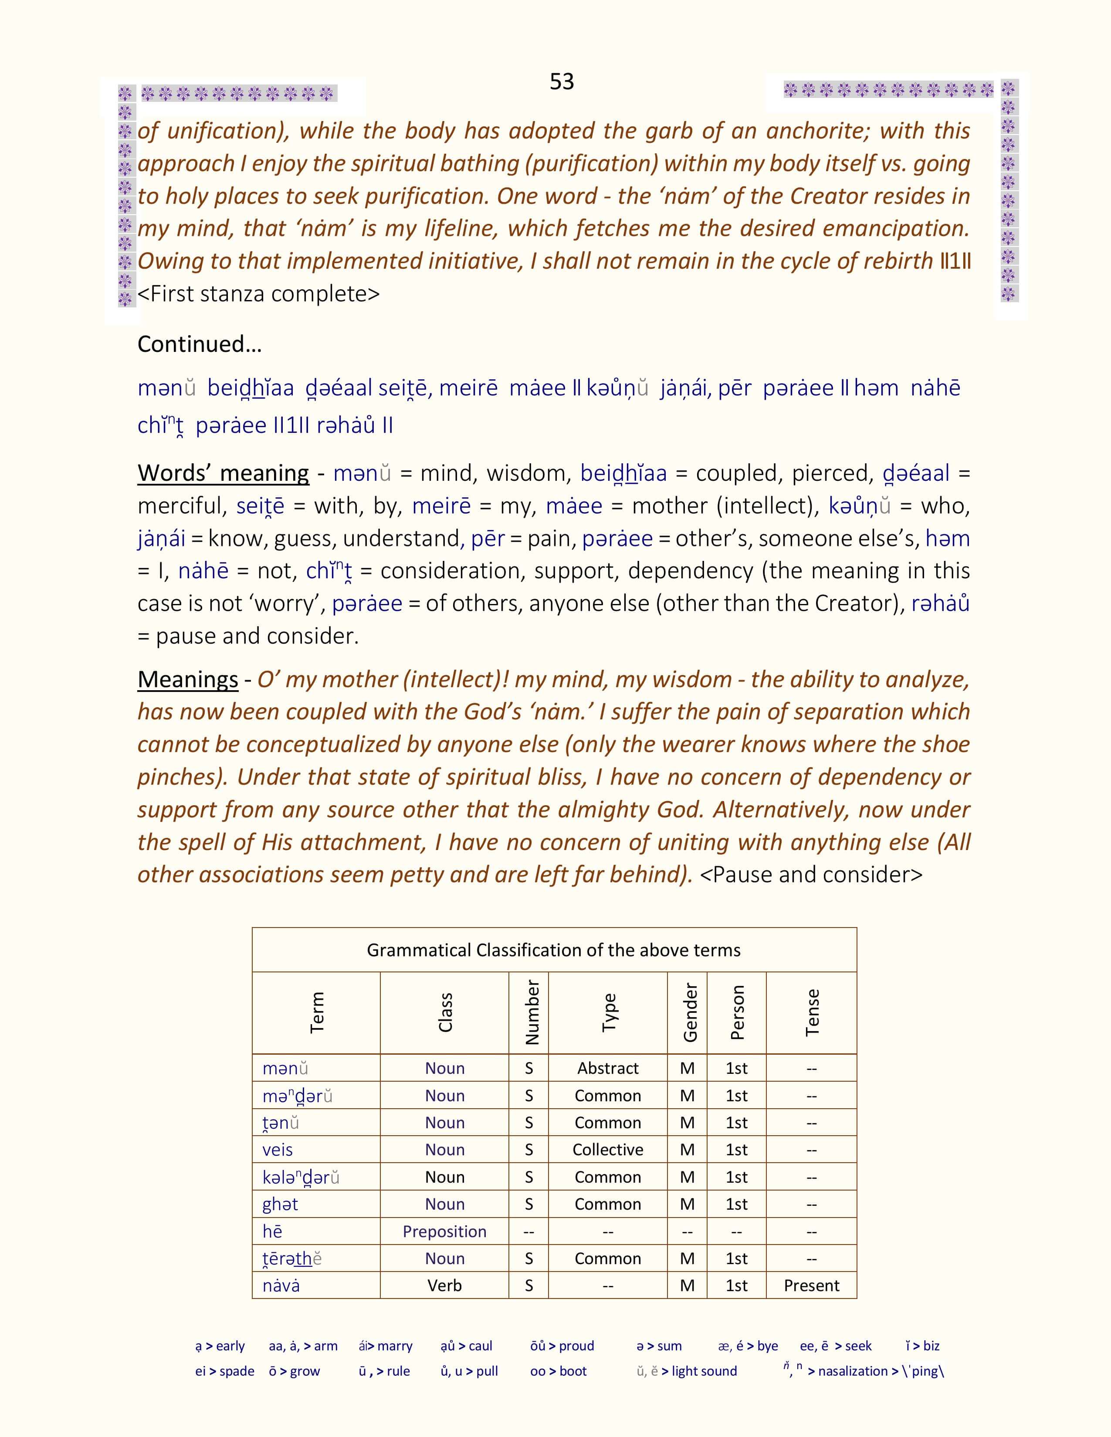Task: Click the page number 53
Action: click(x=562, y=81)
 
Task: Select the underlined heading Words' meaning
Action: click(x=223, y=473)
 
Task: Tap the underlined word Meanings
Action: click(x=188, y=679)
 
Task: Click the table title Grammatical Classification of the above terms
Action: click(x=553, y=950)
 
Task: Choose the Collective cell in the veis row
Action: click(x=607, y=1150)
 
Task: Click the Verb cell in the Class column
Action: click(x=444, y=1285)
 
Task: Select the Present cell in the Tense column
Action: click(x=812, y=1285)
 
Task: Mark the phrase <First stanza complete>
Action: click(x=259, y=293)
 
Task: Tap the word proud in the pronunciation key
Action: click(x=576, y=1346)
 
